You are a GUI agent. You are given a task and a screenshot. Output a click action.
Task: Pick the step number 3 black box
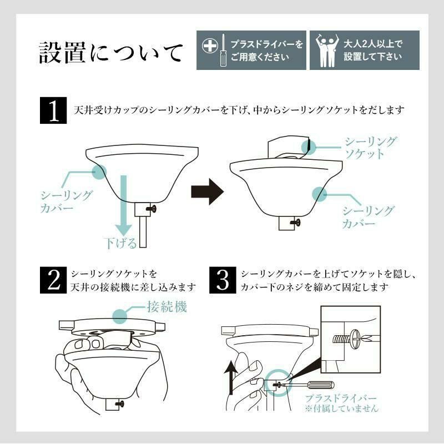click(223, 280)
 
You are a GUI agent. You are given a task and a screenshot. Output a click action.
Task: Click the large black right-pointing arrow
click(206, 192)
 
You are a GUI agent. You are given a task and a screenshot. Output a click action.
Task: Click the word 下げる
click(120, 242)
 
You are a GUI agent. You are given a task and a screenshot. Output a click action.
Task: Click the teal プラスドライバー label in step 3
click(341, 398)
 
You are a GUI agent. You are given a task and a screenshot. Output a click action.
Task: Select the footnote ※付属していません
click(341, 409)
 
